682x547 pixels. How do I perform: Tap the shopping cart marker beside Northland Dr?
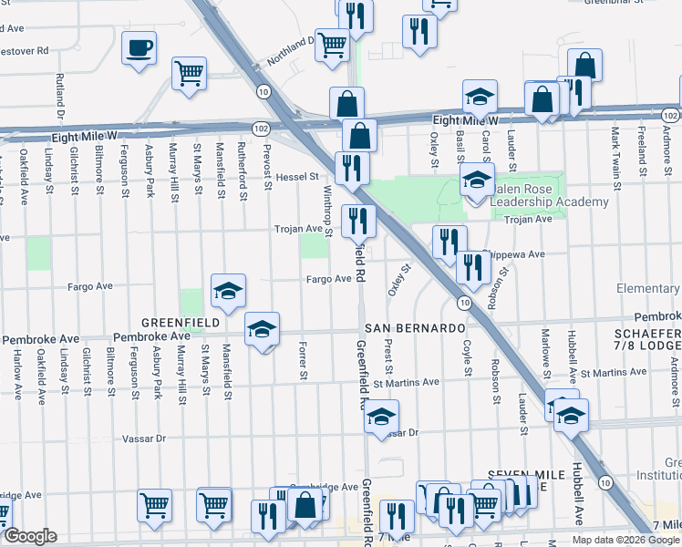coord(333,43)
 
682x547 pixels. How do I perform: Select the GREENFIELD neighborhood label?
coord(180,323)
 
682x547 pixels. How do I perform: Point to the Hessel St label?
coord(296,176)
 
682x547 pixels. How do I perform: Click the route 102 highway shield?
coord(260,129)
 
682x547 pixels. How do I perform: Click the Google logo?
coord(30,536)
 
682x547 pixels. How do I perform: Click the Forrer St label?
coord(302,361)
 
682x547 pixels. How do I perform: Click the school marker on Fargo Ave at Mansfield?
coord(228,291)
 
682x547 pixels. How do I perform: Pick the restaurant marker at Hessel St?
coord(352,167)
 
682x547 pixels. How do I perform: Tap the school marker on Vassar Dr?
coord(382,419)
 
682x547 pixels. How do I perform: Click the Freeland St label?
coord(643,153)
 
